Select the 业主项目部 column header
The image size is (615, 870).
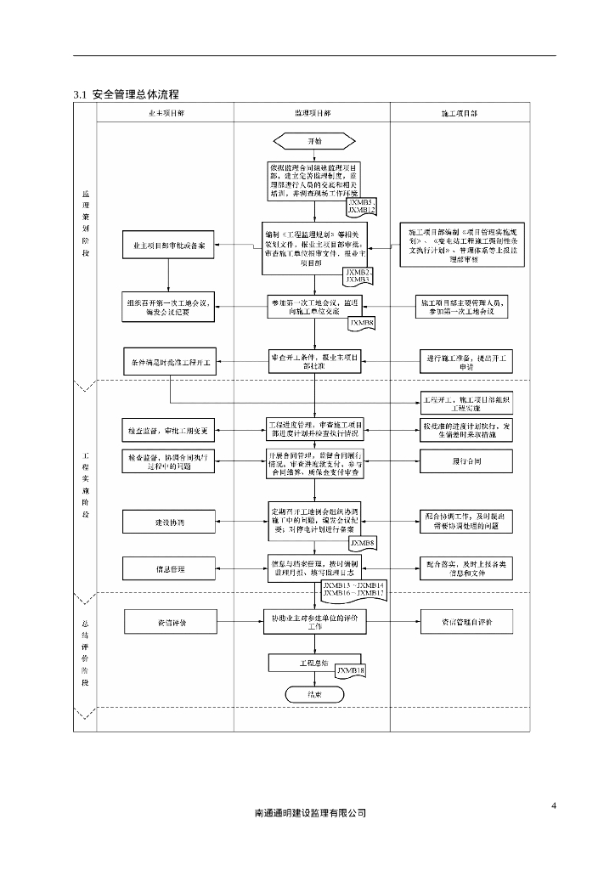click(x=166, y=113)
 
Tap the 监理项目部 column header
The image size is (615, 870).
click(x=313, y=113)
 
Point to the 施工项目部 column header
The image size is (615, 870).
click(x=460, y=113)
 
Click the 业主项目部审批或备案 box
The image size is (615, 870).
click(x=169, y=246)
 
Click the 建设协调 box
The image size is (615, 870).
click(x=169, y=521)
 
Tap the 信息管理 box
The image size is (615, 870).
click(x=169, y=568)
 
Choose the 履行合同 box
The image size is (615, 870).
click(x=465, y=461)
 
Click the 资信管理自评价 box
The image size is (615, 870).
click(x=465, y=622)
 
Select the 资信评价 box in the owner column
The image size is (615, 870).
click(x=169, y=622)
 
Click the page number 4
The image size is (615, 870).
click(x=553, y=805)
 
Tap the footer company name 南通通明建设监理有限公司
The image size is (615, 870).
click(x=310, y=813)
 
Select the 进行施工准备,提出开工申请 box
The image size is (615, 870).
click(x=465, y=361)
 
